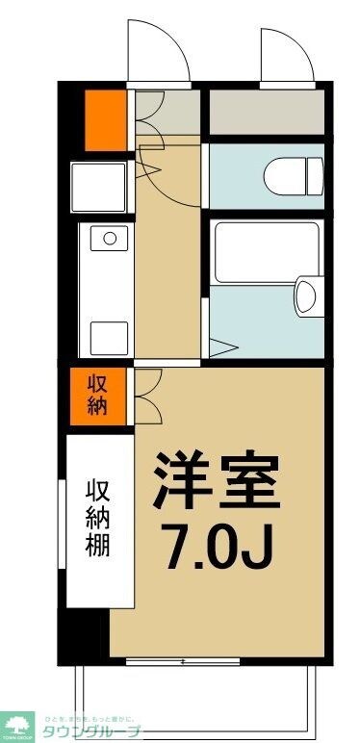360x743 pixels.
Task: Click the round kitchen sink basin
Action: pos(109,237)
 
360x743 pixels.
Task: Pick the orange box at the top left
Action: pos(105,117)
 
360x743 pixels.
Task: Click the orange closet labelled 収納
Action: pos(98,394)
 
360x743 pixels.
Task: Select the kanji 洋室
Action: pos(218,481)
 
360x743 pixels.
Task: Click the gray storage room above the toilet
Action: pos(266,114)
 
